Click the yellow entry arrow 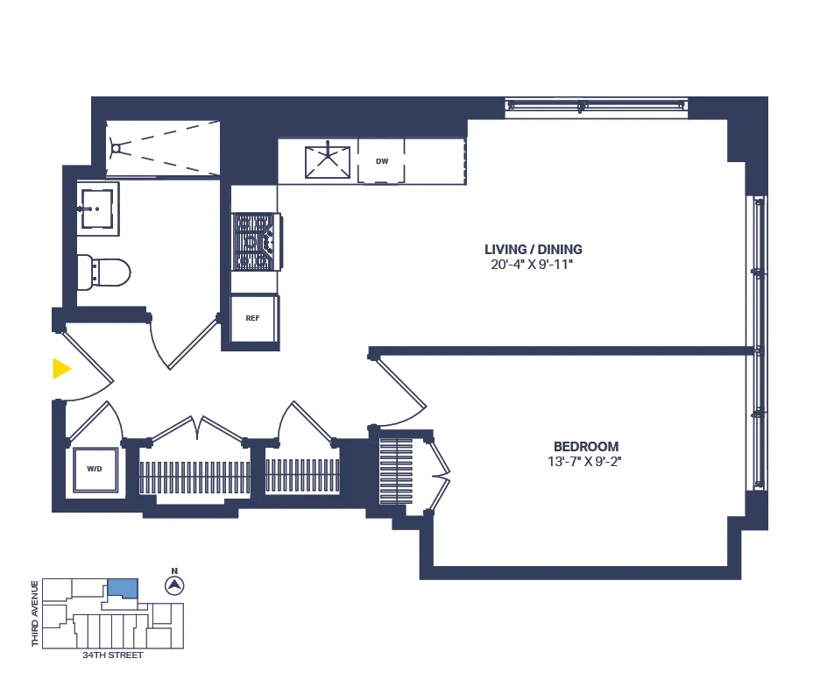(60, 369)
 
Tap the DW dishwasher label (382, 161)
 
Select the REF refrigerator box (253, 319)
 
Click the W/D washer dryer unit (95, 469)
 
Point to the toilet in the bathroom (105, 272)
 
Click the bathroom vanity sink (95, 207)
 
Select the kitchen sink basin (328, 162)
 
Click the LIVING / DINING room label (533, 249)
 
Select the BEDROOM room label (585, 446)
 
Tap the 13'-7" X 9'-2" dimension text (585, 462)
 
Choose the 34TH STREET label (112, 655)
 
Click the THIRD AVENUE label (35, 613)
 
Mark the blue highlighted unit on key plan (123, 589)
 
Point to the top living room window (597, 106)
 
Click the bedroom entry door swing (399, 386)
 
